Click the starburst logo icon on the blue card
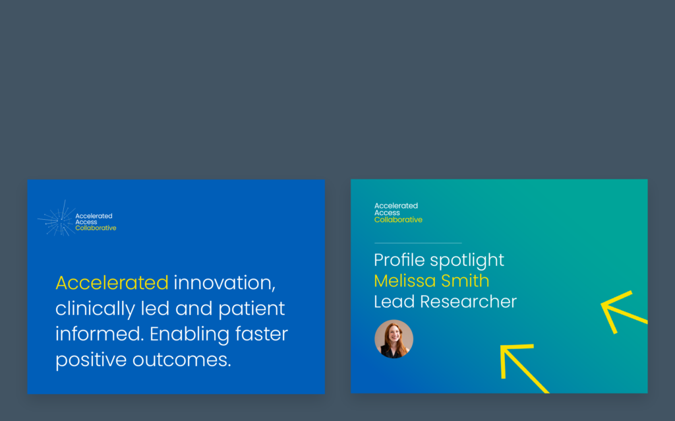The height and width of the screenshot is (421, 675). point(57,219)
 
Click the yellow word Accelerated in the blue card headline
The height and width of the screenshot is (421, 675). point(112,282)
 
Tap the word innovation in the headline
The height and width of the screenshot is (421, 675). point(224,282)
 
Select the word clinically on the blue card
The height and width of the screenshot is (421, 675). point(95,309)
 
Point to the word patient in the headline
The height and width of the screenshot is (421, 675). point(252,309)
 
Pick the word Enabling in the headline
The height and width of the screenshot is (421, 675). point(189,335)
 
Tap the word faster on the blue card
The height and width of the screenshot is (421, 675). point(262,334)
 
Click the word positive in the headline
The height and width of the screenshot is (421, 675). point(91,360)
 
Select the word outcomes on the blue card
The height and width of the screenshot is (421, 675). point(182,360)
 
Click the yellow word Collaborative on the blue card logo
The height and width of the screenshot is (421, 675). point(96,228)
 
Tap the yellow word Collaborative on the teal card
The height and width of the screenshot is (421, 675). point(398,220)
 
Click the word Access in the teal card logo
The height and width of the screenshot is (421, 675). point(387,213)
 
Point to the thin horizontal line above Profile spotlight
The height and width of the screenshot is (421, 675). point(418,243)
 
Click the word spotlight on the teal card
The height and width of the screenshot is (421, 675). point(467,261)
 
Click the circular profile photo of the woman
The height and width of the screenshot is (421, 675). point(394,339)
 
